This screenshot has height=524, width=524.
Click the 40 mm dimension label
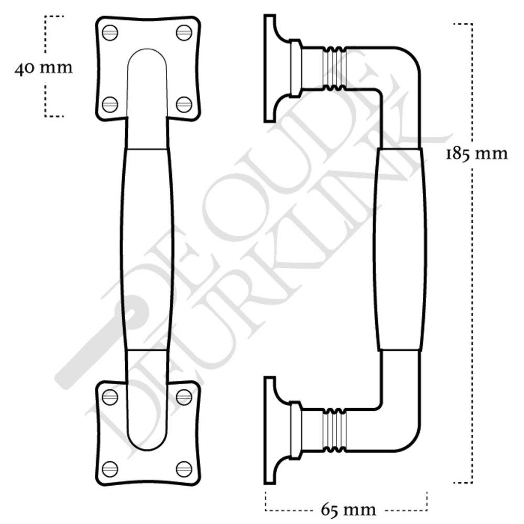[x=43, y=69]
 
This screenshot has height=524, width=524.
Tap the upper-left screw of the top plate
[x=110, y=32]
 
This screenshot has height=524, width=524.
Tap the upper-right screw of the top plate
[x=184, y=32]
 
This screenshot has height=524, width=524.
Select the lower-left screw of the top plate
[x=110, y=104]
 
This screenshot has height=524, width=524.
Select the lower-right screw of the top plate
[x=184, y=104]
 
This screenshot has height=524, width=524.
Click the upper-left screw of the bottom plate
[x=110, y=397]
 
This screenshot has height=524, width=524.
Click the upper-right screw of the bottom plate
[x=184, y=397]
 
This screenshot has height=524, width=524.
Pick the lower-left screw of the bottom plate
[x=110, y=468]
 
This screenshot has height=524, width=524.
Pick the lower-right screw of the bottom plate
[x=184, y=468]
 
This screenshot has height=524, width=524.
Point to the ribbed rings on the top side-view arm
[x=334, y=69]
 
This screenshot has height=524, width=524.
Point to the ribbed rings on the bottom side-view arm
[x=334, y=429]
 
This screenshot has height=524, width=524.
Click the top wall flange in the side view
[x=270, y=69]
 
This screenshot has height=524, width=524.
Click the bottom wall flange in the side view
[x=270, y=430]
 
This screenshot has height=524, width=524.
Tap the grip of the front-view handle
[x=147, y=249]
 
